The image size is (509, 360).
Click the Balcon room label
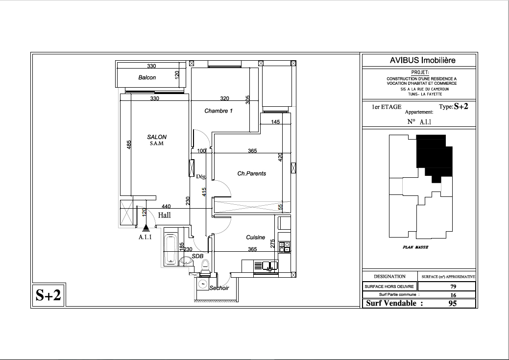pos(147,77)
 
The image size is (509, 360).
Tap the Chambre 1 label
pos(218,111)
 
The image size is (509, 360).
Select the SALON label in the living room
pos(157,137)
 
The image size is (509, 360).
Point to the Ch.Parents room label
pos(252,174)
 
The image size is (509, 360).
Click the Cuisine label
pos(255,237)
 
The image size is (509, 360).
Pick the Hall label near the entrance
pos(164,215)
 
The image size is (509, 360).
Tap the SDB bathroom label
pos(197,256)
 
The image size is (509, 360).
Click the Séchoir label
pos(219,288)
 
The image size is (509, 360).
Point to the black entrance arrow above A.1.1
pos(146,228)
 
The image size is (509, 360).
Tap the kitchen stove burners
pos(285,247)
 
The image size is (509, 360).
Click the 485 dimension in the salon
pos(129,145)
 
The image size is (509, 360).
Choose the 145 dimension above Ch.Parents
pos(275,122)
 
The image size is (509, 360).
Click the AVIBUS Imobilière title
pos(423,60)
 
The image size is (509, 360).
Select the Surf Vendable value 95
pos(453,303)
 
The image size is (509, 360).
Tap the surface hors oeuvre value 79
pos(453,287)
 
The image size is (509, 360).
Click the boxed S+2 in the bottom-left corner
pos(48,295)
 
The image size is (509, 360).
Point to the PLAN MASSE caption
pos(415,247)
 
